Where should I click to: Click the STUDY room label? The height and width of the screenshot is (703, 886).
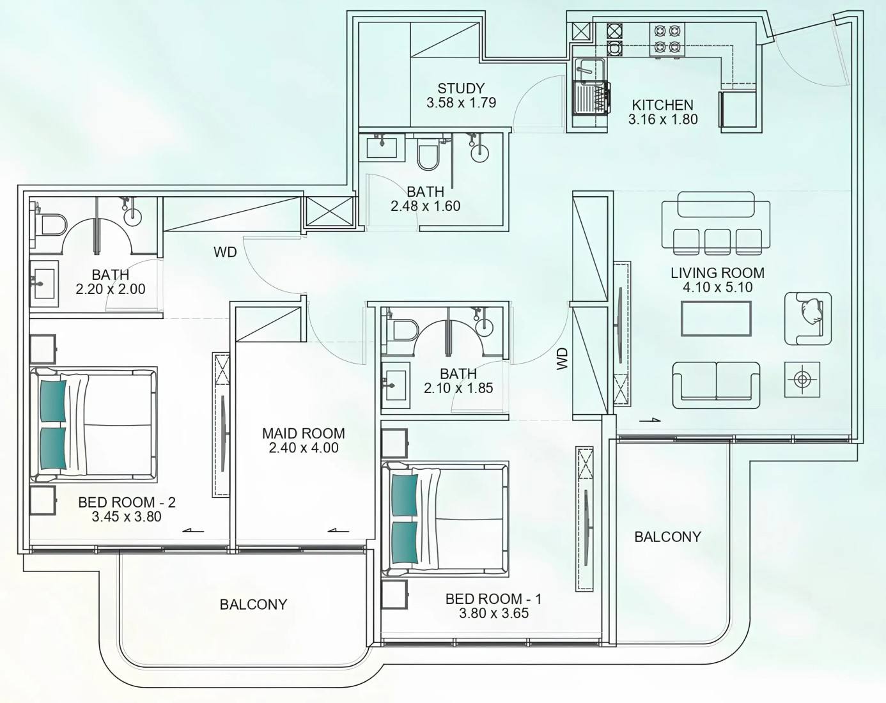(x=461, y=88)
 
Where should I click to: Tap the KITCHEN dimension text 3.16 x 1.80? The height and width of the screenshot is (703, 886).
(x=663, y=120)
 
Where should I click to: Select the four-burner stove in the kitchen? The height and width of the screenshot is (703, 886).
(x=667, y=39)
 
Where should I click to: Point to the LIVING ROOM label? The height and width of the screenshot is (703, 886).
(x=718, y=273)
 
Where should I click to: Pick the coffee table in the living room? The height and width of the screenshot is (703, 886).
(x=716, y=318)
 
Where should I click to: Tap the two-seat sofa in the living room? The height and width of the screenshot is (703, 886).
(x=716, y=385)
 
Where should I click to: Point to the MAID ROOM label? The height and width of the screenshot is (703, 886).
(x=304, y=433)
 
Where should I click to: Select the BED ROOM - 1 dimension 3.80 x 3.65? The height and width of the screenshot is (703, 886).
(x=494, y=614)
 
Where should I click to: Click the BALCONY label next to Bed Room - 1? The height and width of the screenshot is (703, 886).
(x=667, y=537)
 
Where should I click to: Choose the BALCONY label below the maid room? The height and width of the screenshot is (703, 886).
(x=253, y=605)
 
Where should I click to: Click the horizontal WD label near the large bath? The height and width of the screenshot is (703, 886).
(x=225, y=252)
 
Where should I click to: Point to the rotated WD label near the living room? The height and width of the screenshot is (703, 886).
(x=562, y=359)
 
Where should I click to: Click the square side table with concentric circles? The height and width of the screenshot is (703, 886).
(x=802, y=380)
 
